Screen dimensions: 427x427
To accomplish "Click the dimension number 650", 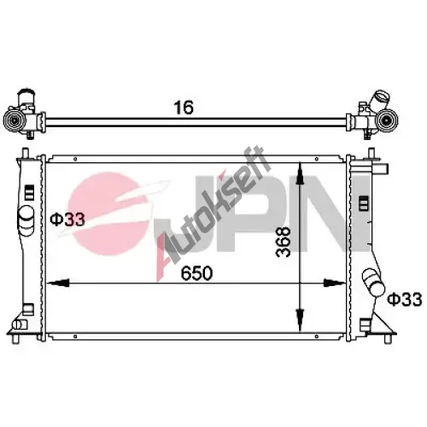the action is pyautogui.click(x=196, y=273).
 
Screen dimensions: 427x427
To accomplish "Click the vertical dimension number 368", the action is pyautogui.click(x=284, y=242).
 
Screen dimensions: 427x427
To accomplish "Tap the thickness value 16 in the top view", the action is pyautogui.click(x=184, y=108).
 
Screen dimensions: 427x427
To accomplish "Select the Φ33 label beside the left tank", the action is pyautogui.click(x=67, y=219).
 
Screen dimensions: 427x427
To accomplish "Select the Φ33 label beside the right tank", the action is pyautogui.click(x=405, y=299).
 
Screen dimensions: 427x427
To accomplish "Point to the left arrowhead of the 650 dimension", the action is pyautogui.click(x=58, y=283).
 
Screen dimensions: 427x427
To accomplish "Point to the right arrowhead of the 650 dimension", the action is pyautogui.click(x=335, y=283).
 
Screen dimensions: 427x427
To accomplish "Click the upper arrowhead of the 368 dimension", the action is pyautogui.click(x=300, y=174).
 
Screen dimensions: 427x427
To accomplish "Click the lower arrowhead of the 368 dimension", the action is pyautogui.click(x=300, y=320).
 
